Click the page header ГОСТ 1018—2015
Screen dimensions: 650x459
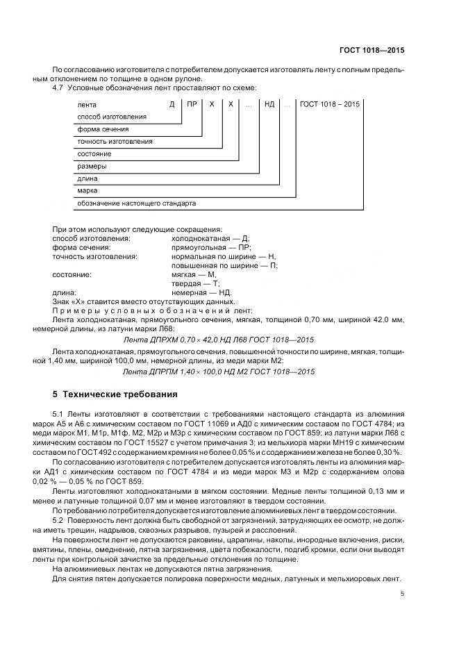(372, 50)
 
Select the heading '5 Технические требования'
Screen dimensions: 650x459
(115, 394)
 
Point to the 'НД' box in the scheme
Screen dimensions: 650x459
(269, 104)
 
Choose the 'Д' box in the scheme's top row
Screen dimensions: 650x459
(172, 104)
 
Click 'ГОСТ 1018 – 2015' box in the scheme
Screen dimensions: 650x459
(330, 104)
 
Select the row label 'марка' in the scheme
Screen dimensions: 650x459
(87, 191)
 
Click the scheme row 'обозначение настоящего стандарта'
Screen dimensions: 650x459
(137, 204)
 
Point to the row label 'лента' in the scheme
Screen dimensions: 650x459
(87, 104)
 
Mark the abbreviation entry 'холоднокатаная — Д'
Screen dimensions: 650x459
(206, 238)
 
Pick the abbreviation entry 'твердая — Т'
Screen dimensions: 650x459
(195, 283)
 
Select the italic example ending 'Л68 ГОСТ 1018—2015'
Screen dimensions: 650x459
(219, 339)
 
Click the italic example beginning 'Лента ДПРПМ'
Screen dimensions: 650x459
(219, 372)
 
